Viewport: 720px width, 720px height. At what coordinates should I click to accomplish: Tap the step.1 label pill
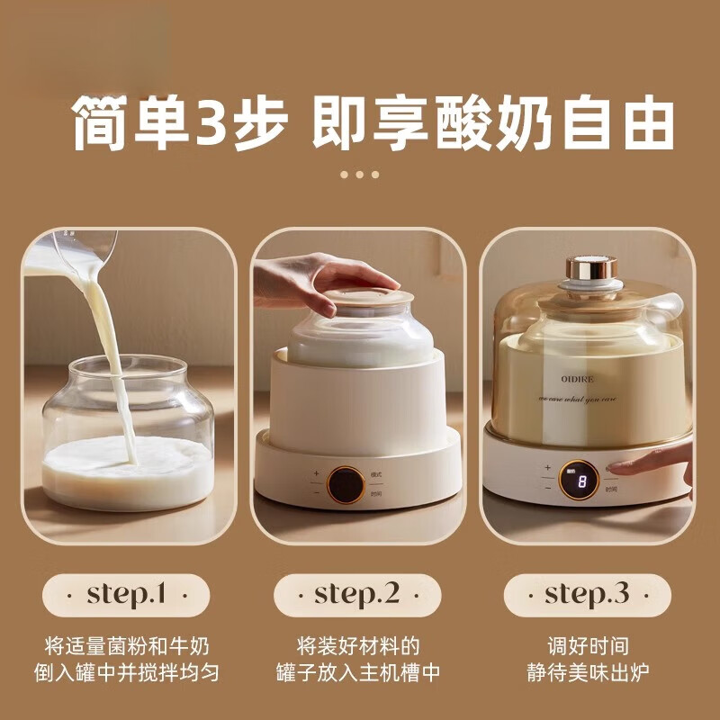tap(126, 595)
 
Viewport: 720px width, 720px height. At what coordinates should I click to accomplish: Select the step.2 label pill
tap(357, 595)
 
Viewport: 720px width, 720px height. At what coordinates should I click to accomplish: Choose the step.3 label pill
tap(587, 595)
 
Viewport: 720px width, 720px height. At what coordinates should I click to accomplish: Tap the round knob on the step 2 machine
tap(345, 483)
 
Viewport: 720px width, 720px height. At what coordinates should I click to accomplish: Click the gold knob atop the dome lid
tap(590, 269)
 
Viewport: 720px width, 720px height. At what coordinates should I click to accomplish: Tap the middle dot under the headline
tap(360, 174)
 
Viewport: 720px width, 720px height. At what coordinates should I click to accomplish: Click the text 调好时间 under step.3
tap(587, 646)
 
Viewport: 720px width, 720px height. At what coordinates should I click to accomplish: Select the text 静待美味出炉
tap(587, 672)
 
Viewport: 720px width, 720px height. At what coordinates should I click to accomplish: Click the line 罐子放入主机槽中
tap(357, 672)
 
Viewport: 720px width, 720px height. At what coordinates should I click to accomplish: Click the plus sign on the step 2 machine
tap(316, 472)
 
